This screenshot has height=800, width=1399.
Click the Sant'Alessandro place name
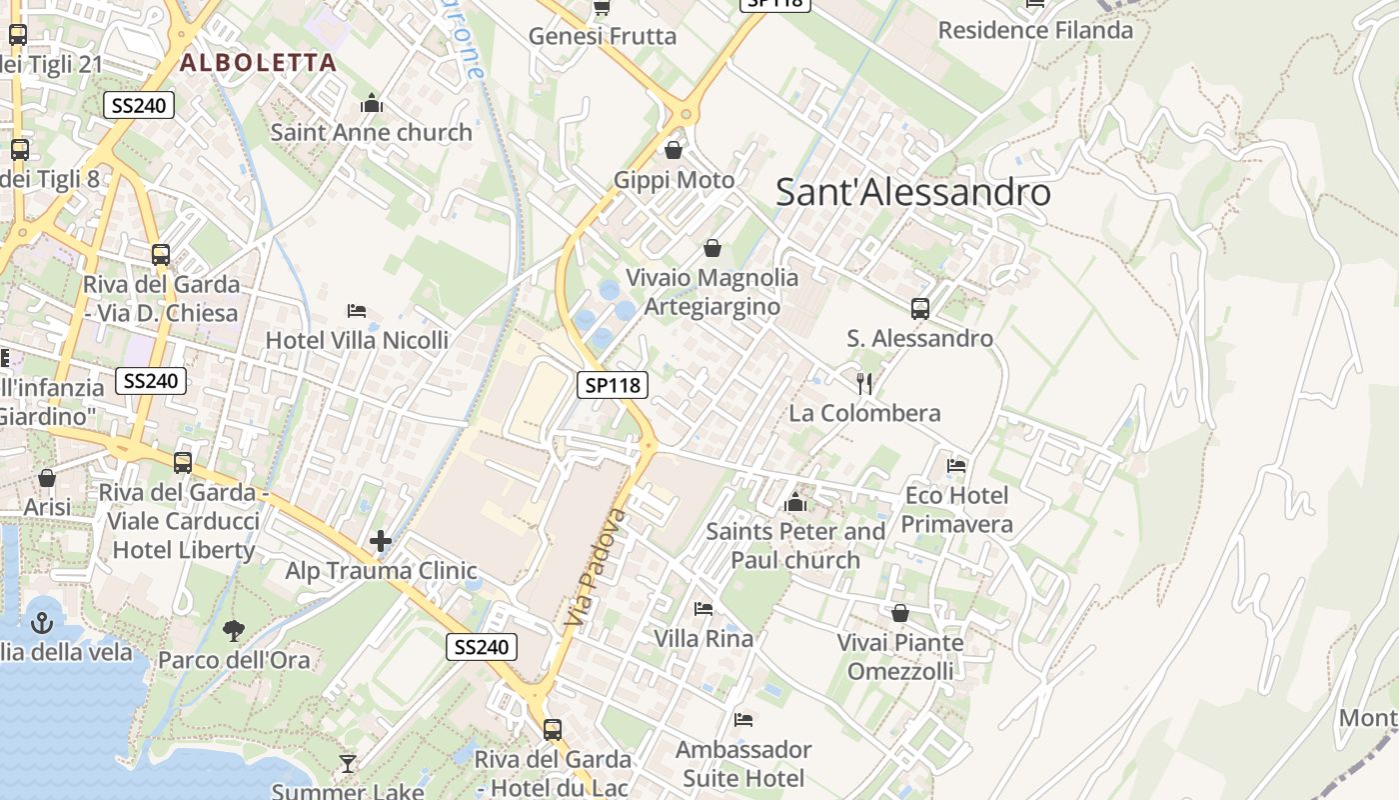[912, 192]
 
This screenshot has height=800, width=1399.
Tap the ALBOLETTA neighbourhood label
[258, 62]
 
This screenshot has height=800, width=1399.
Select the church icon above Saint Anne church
[372, 103]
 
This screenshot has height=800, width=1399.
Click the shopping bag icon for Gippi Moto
[675, 150]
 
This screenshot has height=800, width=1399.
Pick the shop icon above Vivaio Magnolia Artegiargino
[712, 247]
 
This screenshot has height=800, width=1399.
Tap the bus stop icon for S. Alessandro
[920, 309]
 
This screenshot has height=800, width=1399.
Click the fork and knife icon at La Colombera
[864, 383]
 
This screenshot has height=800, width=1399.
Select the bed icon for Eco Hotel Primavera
[956, 465]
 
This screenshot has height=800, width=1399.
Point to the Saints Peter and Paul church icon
[795, 501]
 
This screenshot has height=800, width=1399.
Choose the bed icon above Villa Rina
[703, 608]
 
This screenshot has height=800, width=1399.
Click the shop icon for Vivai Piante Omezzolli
[900, 612]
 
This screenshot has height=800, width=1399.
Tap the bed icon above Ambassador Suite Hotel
[742, 719]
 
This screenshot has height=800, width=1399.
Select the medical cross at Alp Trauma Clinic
[380, 541]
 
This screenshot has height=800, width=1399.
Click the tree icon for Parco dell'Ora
[234, 630]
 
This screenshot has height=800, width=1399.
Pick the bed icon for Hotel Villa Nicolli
[356, 311]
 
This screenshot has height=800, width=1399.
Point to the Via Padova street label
[595, 567]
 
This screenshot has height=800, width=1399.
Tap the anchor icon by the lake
[42, 623]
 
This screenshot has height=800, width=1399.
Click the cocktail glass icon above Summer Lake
[347, 764]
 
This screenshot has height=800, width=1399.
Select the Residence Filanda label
[1035, 30]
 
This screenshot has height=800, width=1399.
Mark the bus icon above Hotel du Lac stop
[553, 729]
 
